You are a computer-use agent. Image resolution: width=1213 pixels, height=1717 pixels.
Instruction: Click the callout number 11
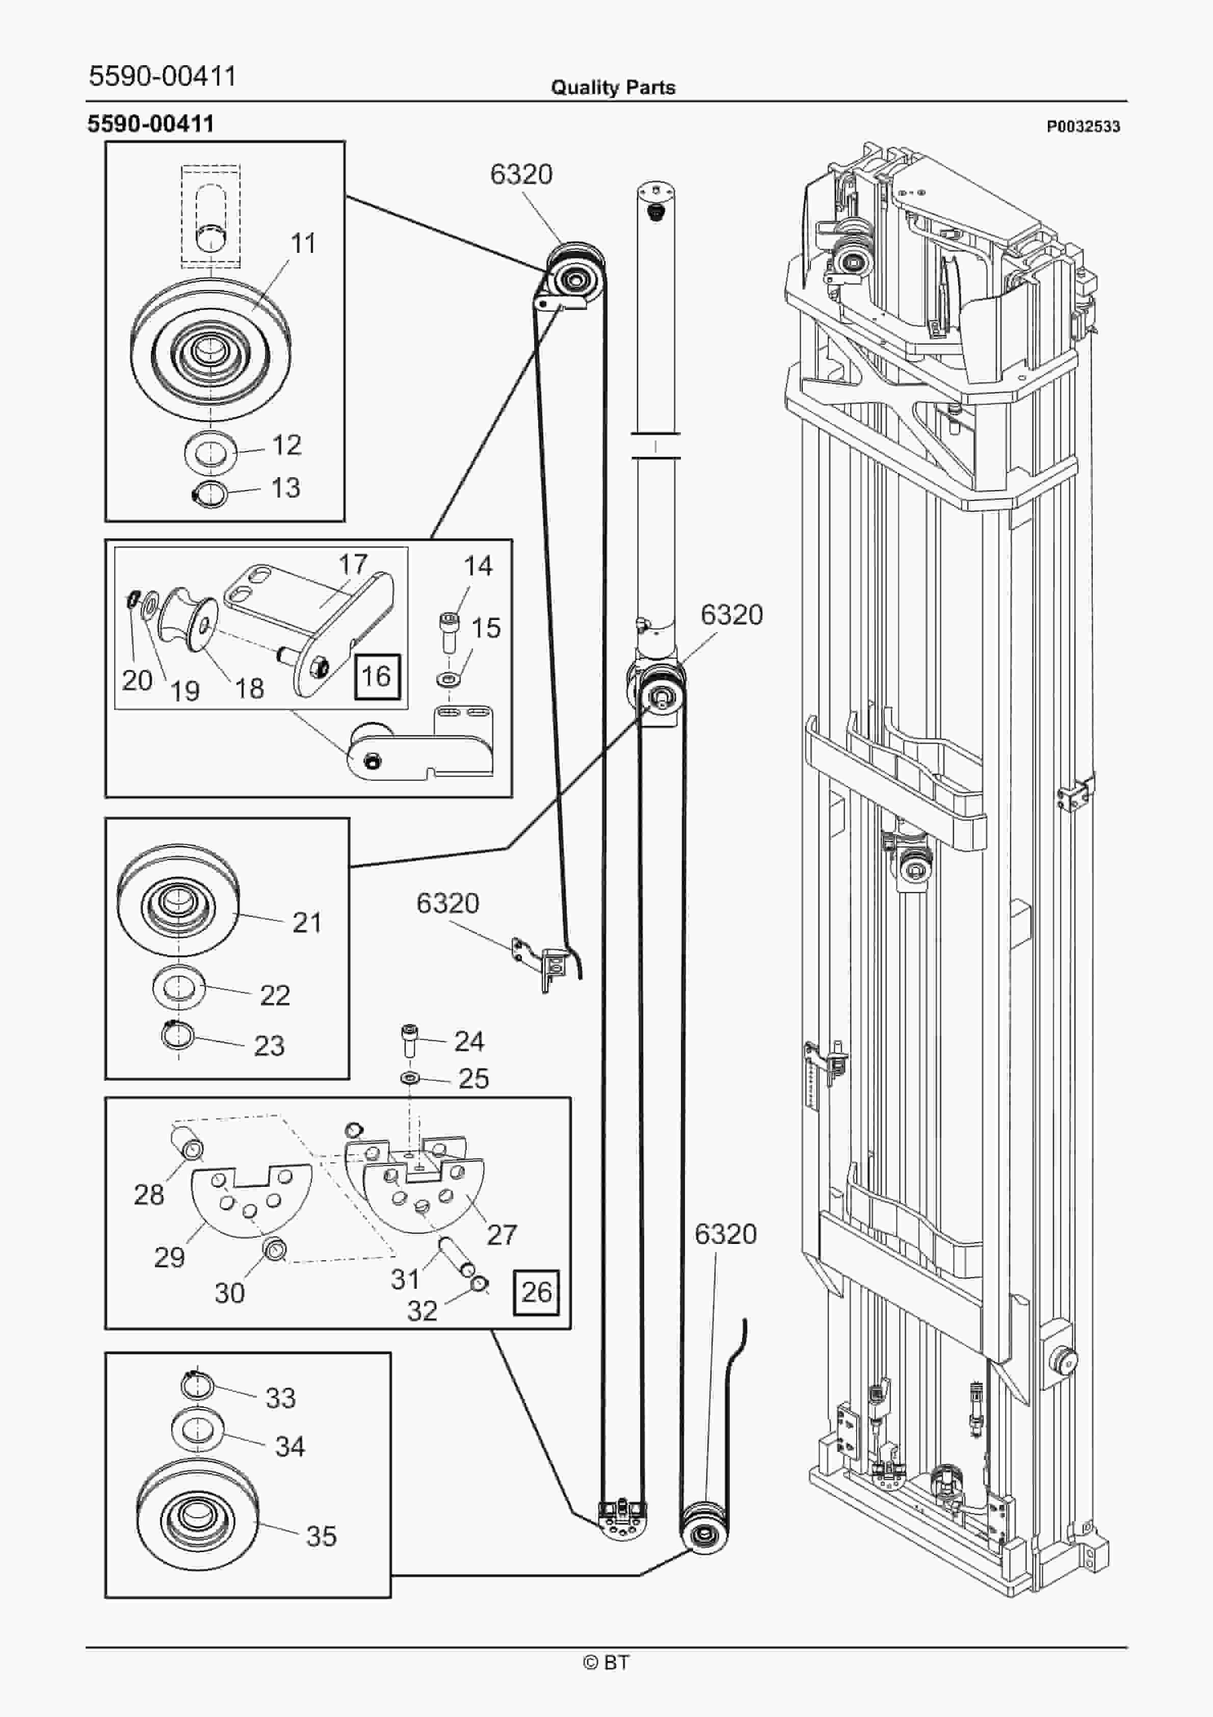coord(303,243)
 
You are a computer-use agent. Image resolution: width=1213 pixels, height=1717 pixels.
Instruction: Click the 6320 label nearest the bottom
coord(725,1233)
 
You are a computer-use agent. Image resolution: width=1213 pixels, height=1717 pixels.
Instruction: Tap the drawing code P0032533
coord(1083,126)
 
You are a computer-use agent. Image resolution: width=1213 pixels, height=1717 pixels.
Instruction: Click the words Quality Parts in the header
coord(613,88)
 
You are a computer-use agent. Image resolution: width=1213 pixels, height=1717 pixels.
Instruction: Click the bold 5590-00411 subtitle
coord(150,123)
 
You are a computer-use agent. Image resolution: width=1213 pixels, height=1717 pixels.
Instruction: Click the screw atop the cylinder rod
coord(656,213)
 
